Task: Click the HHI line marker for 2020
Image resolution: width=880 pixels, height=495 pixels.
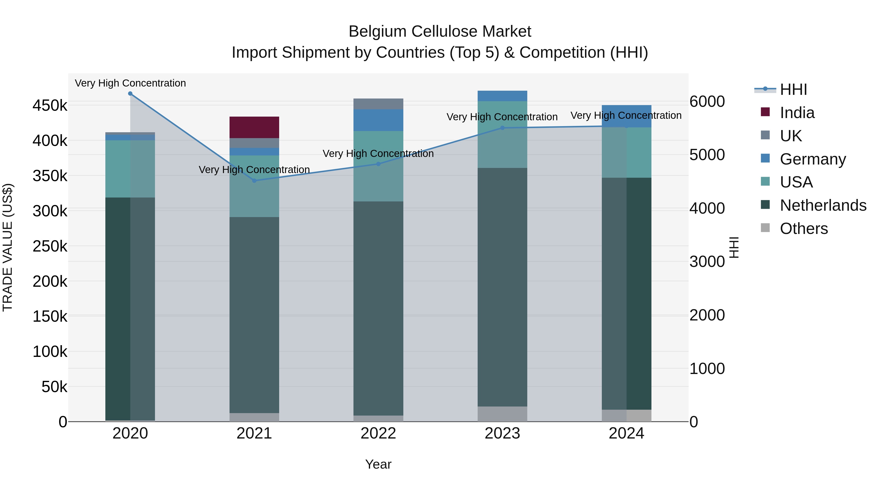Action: (x=130, y=94)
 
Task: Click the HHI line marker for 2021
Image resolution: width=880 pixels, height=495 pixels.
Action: (x=254, y=181)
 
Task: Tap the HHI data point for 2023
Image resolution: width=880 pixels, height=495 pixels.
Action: (x=502, y=128)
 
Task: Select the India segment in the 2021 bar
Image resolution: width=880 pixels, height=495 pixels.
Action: (x=254, y=127)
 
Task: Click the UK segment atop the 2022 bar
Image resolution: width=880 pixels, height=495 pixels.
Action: (x=378, y=104)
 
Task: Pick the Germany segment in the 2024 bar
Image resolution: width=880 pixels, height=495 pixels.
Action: (x=626, y=116)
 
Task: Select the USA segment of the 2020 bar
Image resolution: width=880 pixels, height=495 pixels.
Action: (x=130, y=169)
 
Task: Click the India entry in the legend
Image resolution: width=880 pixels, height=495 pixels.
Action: (x=797, y=113)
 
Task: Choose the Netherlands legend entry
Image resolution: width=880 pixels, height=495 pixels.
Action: (x=823, y=205)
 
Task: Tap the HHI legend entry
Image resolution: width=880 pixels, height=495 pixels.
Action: (x=793, y=89)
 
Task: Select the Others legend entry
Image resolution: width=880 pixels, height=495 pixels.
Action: (x=803, y=229)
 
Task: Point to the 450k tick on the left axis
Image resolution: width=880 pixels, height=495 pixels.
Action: (x=50, y=106)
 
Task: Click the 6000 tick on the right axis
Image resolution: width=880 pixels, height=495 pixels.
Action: (x=707, y=101)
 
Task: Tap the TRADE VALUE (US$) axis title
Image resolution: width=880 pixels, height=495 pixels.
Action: (x=8, y=247)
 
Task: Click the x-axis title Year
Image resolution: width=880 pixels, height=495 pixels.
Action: (x=378, y=464)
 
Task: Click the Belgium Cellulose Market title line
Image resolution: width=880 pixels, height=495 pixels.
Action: (x=440, y=32)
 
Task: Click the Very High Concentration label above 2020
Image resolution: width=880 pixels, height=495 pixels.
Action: (x=130, y=83)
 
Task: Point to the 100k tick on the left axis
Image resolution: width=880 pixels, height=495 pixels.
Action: (x=50, y=352)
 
